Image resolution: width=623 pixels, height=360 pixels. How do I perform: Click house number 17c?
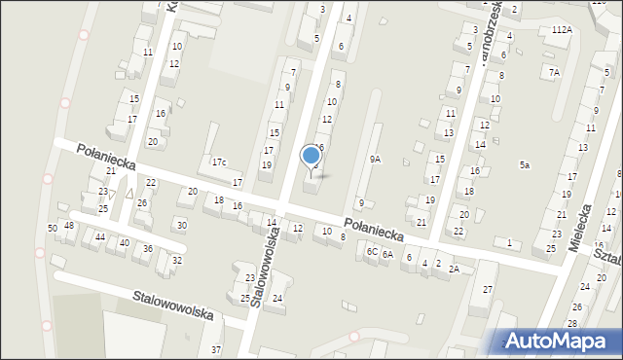(219, 162)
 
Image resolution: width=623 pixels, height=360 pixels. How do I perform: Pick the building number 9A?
(375, 159)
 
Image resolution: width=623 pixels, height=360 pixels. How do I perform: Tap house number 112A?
(562, 30)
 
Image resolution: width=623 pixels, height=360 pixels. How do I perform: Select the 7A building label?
(554, 72)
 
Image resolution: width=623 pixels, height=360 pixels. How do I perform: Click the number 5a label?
(524, 165)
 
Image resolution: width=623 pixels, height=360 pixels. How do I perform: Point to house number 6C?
(372, 251)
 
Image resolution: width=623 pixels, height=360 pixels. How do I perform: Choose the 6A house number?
(386, 254)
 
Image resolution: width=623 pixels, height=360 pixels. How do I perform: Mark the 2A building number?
(454, 270)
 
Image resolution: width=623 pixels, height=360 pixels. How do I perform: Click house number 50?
(52, 228)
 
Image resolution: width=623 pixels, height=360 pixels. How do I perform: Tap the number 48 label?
(69, 226)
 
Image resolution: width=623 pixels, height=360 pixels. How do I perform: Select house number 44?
(100, 236)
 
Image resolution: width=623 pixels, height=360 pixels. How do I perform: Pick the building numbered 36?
(148, 248)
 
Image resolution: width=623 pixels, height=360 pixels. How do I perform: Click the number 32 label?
(176, 260)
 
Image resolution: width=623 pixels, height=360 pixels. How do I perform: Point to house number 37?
(216, 349)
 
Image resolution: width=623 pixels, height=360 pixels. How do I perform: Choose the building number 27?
(488, 290)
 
